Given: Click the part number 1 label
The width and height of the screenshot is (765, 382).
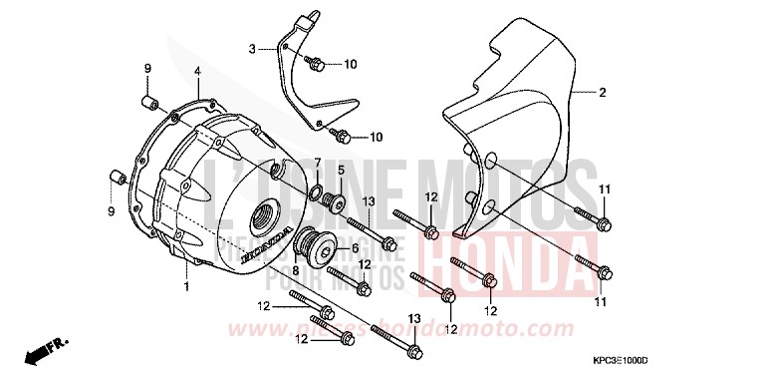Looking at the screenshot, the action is (x=185, y=287).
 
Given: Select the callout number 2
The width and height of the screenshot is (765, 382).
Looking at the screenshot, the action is (x=602, y=93).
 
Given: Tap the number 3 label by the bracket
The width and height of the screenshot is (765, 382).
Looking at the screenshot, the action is (x=253, y=48).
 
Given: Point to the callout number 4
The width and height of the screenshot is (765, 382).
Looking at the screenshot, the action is (x=197, y=71).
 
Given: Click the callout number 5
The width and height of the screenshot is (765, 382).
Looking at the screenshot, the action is (x=340, y=170).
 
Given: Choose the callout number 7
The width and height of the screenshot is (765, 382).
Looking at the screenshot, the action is (x=317, y=162).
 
